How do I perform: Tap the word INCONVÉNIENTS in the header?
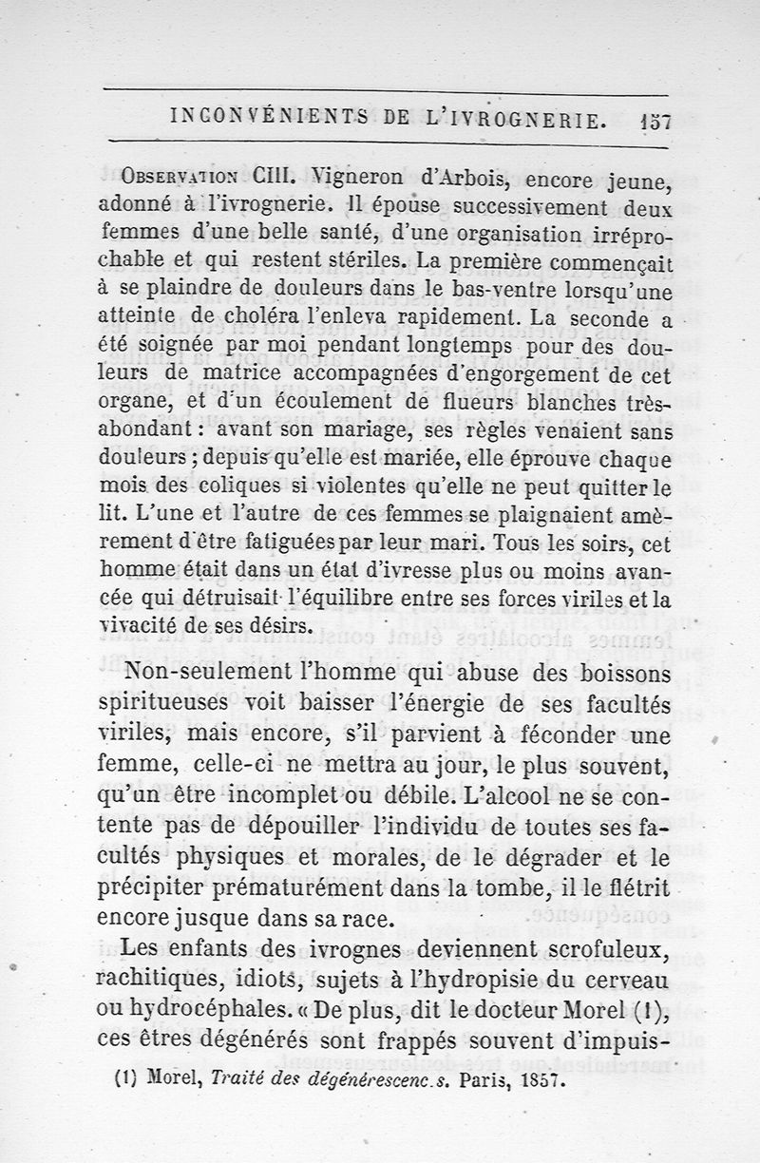coord(257,119)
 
